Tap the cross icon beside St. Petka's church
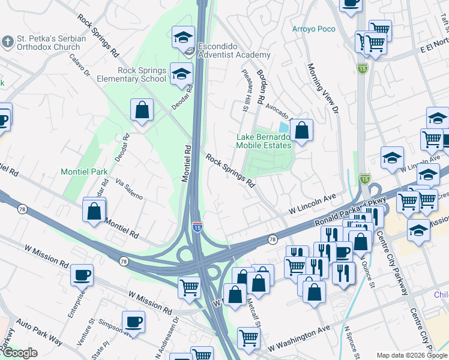(7, 43)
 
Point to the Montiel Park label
(84, 172)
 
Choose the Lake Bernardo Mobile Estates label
(263, 141)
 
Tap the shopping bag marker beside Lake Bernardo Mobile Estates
(301, 130)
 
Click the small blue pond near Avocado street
(283, 127)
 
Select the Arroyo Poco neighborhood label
(314, 29)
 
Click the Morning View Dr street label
(324, 89)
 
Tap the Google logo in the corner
(20, 353)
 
